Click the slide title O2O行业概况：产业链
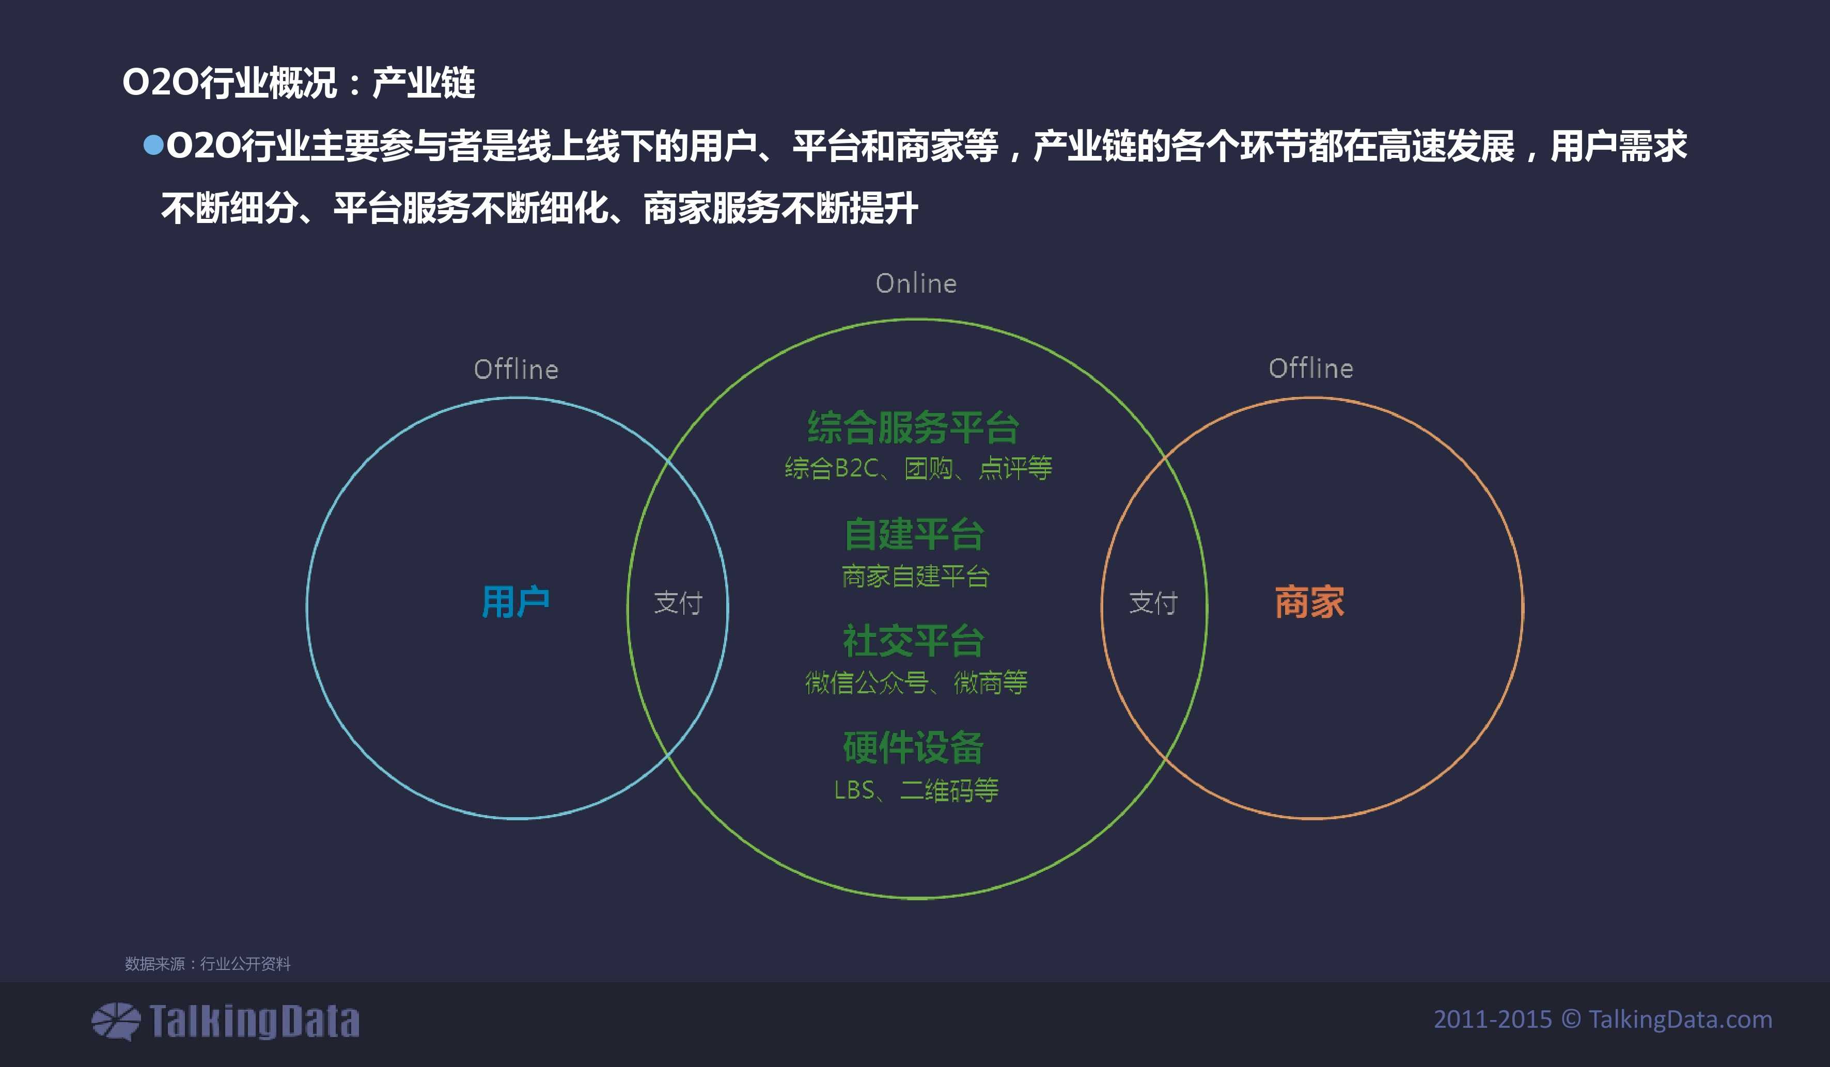click(x=299, y=83)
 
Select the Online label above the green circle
click(x=916, y=283)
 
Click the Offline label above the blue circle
click(x=517, y=370)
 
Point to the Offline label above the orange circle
click(x=1311, y=369)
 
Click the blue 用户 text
click(x=515, y=602)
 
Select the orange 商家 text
click(x=1309, y=602)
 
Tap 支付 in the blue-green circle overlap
click(x=678, y=602)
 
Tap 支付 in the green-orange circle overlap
click(x=1153, y=602)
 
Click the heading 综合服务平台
click(x=914, y=427)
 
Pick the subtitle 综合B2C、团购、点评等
click(x=918, y=468)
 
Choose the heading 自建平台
click(x=914, y=534)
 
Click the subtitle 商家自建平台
click(x=915, y=576)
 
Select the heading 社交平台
click(x=914, y=641)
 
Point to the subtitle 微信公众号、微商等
click(x=916, y=682)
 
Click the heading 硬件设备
click(x=914, y=747)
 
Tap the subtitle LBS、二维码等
click(x=916, y=790)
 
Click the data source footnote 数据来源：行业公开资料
click(x=208, y=963)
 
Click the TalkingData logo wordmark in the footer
click(x=254, y=1021)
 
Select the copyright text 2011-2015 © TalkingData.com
click(x=1603, y=1019)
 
